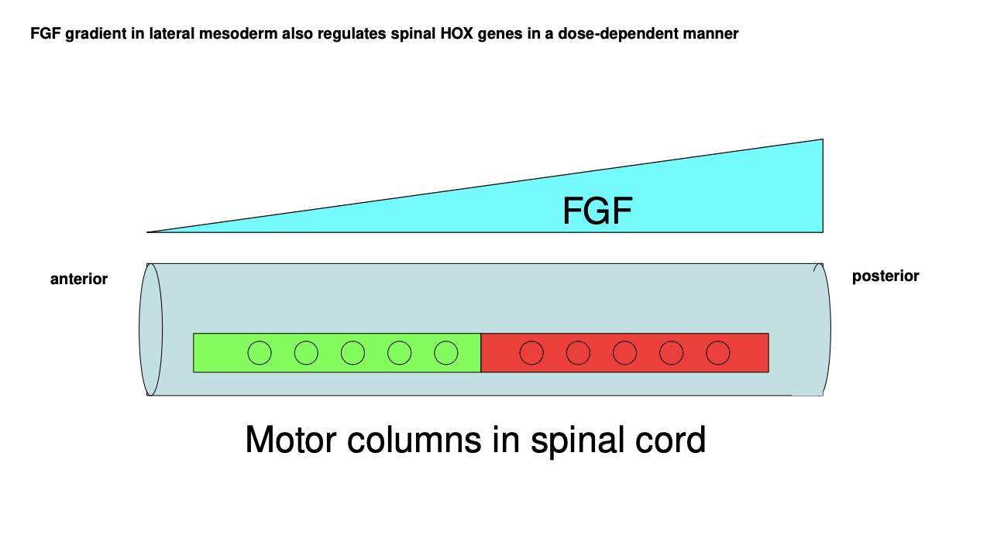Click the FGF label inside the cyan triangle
(597, 211)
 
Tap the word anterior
(79, 279)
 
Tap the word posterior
(885, 276)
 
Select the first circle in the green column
(260, 353)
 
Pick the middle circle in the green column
(352, 353)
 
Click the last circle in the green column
(445, 353)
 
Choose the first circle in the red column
(531, 353)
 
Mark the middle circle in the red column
(624, 353)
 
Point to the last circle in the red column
(718, 353)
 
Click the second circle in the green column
(306, 353)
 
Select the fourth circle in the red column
(671, 353)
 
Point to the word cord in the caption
(672, 441)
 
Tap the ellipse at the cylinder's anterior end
(151, 329)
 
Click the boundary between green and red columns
(481, 353)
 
